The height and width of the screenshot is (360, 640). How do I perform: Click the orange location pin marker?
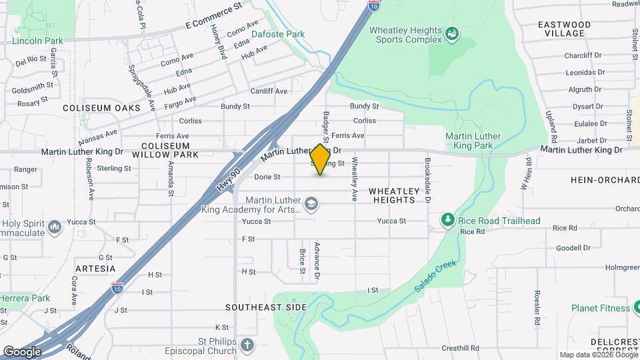320,159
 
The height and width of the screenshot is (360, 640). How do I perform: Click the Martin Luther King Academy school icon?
311,203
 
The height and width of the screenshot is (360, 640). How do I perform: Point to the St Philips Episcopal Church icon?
247,345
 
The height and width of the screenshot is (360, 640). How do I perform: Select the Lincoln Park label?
37,41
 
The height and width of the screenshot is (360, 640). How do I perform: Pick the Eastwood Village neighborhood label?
564,29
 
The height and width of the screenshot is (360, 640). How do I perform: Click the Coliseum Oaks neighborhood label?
101,107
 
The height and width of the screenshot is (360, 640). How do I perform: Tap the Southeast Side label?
265,307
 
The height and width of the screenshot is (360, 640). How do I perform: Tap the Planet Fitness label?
600,308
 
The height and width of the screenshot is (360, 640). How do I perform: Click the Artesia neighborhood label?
95,269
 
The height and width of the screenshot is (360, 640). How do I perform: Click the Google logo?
22,351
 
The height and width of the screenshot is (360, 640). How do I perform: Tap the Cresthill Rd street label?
459,348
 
